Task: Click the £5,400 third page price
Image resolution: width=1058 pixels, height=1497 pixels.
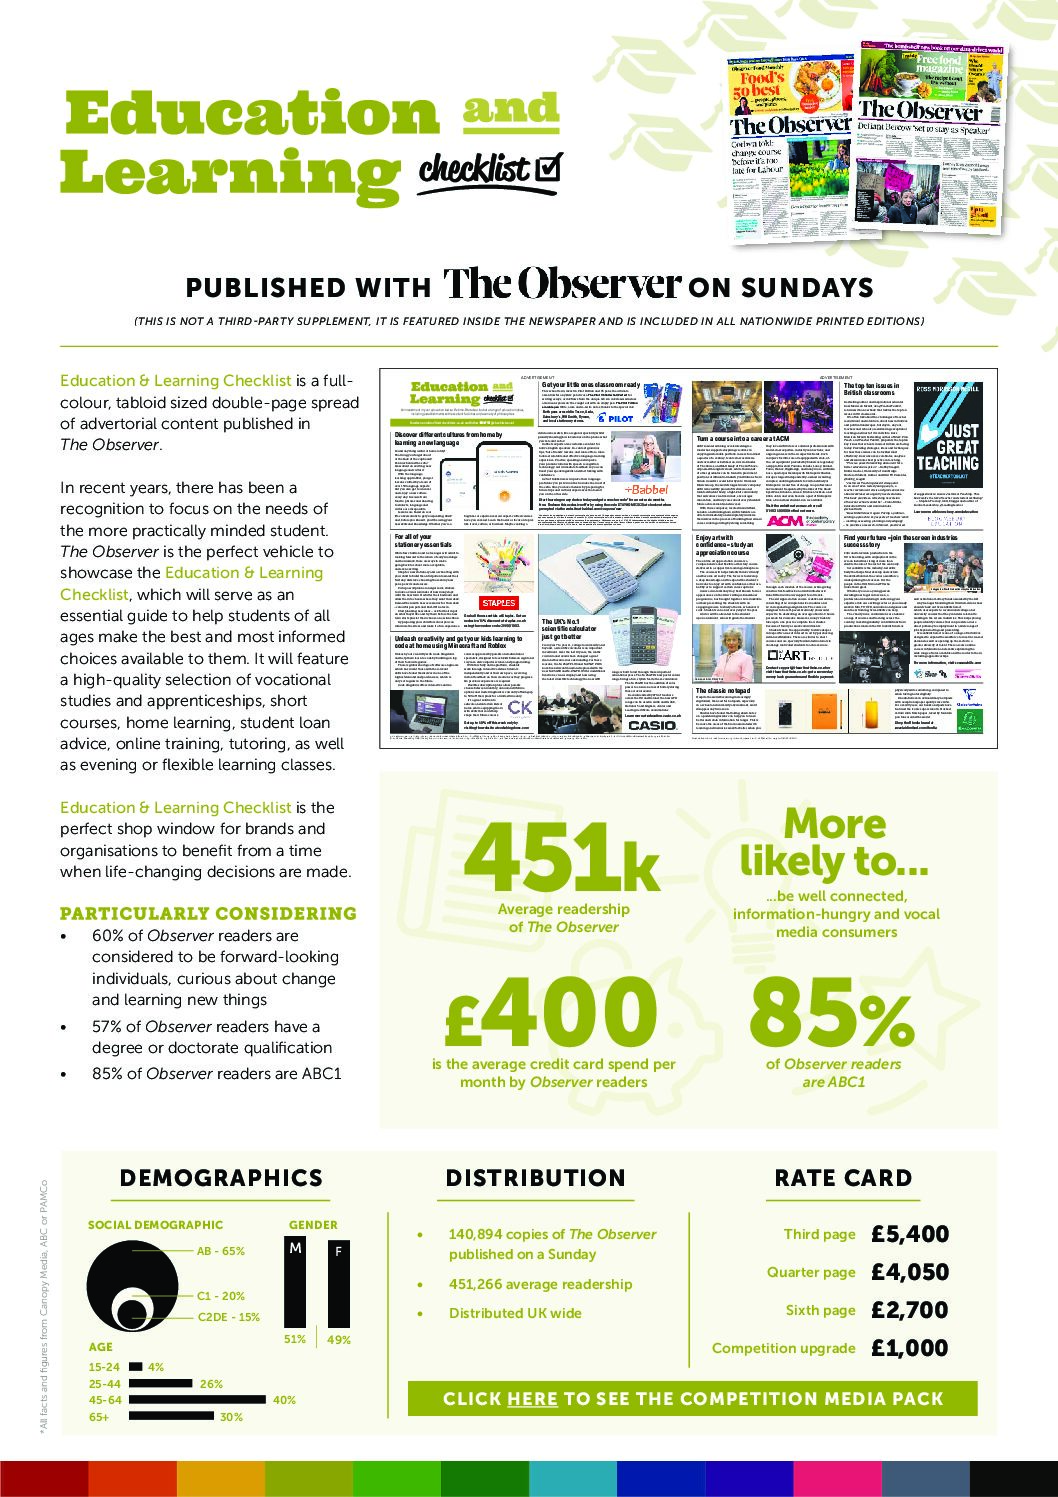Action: (x=909, y=1234)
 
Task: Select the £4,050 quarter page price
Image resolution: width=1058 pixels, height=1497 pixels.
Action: (x=909, y=1272)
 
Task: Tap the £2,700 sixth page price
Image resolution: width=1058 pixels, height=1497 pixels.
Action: (x=909, y=1310)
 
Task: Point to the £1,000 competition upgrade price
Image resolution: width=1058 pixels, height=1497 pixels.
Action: (x=909, y=1348)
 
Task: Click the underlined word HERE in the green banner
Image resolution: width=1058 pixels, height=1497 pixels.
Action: (x=532, y=1399)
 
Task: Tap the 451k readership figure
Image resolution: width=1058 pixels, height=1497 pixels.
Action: (x=562, y=858)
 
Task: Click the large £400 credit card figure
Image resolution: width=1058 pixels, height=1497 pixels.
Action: (x=552, y=1012)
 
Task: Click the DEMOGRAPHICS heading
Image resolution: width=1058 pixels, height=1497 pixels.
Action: (x=221, y=1178)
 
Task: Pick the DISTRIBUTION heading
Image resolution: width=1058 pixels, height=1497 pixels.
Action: (x=535, y=1178)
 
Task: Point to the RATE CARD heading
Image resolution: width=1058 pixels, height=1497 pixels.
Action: (x=843, y=1178)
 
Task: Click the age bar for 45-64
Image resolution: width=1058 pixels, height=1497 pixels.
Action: (x=198, y=1400)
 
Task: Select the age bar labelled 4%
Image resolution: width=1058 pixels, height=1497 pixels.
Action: (x=135, y=1367)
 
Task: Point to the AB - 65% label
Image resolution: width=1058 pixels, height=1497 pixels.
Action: (x=221, y=1251)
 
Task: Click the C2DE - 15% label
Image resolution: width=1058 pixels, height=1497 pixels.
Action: (x=228, y=1317)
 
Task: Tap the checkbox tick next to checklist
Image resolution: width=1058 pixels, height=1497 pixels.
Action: (x=548, y=168)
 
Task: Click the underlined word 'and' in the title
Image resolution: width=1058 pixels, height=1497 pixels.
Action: (x=510, y=110)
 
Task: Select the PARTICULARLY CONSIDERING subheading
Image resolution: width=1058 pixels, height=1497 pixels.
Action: (x=208, y=913)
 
